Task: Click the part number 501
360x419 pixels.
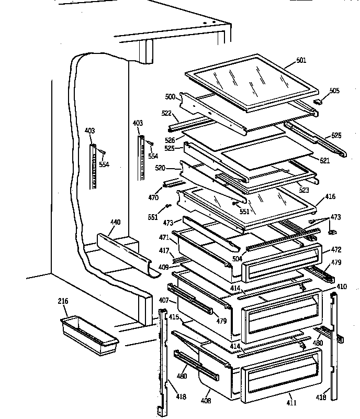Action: tap(301, 60)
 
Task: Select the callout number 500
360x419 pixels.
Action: tap(170, 97)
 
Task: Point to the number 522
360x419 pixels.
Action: tap(166, 114)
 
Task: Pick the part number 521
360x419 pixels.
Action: tap(324, 161)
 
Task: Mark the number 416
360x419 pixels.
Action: tap(330, 196)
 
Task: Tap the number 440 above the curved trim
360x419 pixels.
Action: tap(115, 222)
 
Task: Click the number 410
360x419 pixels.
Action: tap(341, 286)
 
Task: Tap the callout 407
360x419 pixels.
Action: tap(164, 301)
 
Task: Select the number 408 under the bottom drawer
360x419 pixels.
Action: tap(207, 401)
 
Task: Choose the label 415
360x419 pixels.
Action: tap(174, 317)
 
